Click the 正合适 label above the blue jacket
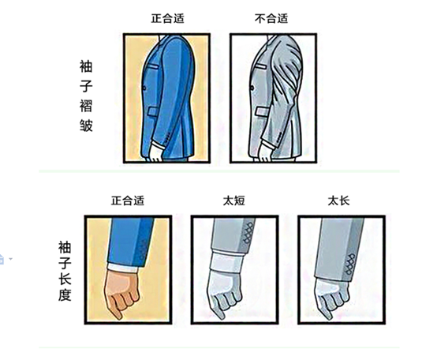click(x=168, y=18)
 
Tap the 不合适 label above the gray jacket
click(x=271, y=18)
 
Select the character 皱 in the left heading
click(x=85, y=125)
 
